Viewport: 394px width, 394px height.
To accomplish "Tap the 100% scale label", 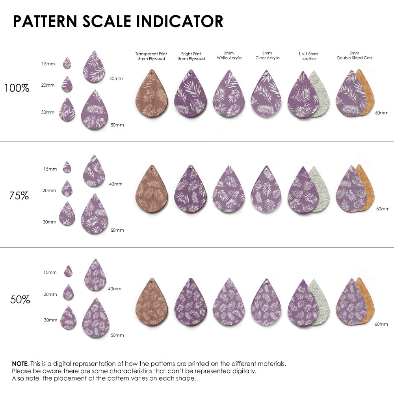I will [17, 88].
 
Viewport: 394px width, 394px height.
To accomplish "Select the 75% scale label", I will [19, 195].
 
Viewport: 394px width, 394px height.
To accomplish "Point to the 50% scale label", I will [20, 300].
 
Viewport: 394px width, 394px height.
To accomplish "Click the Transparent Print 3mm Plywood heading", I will [151, 56].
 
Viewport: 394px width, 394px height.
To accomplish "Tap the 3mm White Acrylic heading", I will [229, 56].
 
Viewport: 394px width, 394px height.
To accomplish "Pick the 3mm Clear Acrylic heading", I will [267, 56].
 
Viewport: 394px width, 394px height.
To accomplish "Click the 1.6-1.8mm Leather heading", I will [308, 56].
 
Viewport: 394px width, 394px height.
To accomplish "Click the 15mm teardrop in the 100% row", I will [67, 63].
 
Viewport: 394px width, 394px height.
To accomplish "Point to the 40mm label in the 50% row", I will [115, 289].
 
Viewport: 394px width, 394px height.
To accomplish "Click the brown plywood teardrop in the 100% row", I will [152, 95].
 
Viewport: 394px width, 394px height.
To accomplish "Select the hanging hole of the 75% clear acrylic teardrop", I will [266, 169].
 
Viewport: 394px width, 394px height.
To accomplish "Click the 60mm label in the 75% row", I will [383, 208].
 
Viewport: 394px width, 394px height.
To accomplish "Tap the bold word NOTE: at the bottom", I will [20, 363].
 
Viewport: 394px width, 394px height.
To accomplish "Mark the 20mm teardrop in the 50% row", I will [68, 293].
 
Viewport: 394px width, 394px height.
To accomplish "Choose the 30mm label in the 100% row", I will [48, 112].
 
